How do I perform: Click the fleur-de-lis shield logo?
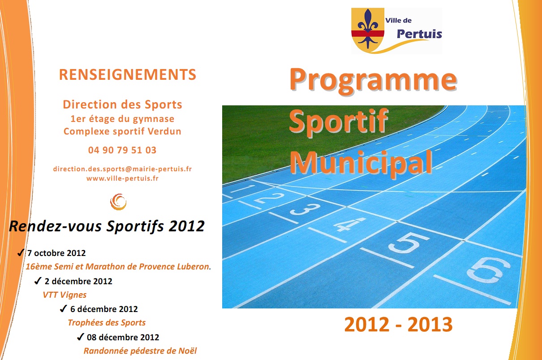(368, 30)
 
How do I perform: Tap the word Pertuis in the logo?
(419, 34)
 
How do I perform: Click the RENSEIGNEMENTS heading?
(128, 74)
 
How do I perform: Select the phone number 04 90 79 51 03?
(122, 150)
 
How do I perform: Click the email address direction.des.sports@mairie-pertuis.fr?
(122, 169)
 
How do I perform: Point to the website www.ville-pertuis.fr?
(122, 178)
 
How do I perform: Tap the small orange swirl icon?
(118, 202)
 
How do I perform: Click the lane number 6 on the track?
(488, 270)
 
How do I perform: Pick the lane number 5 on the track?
(409, 243)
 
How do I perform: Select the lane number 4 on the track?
(349, 224)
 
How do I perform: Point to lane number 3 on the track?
(305, 209)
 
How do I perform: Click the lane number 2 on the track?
(269, 198)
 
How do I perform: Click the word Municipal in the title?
(361, 162)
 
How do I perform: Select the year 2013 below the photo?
(430, 325)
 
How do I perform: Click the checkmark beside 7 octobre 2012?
(21, 252)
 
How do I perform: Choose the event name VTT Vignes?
(65, 295)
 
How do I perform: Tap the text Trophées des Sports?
(107, 323)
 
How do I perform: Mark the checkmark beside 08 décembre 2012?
(81, 337)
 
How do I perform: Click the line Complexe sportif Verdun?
(122, 131)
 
